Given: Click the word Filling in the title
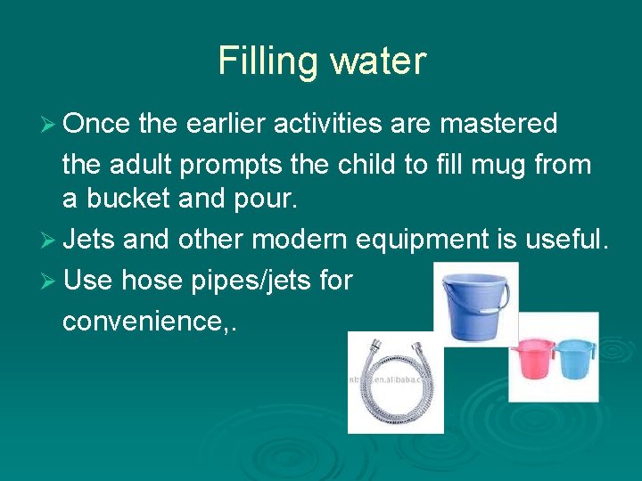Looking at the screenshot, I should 267,61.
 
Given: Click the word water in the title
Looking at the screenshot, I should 378,61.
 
